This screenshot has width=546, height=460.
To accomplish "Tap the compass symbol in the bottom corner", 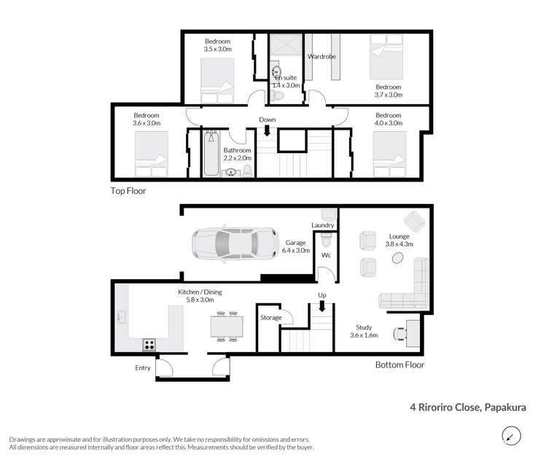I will (x=512, y=436).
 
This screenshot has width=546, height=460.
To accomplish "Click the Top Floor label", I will (x=128, y=191).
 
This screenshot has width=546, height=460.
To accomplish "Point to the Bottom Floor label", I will (x=399, y=365).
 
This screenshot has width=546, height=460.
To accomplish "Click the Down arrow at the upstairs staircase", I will (x=267, y=131).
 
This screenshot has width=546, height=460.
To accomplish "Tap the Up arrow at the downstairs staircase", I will (x=321, y=306).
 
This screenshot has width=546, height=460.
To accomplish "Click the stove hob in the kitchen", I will (x=149, y=345).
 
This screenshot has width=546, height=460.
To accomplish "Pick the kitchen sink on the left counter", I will (x=120, y=317).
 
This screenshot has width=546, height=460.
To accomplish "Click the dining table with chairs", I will (x=225, y=327).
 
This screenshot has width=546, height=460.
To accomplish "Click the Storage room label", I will (x=272, y=318).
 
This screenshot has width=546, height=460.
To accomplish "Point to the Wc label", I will (x=327, y=257).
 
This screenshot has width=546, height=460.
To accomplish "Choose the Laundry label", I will (x=322, y=225).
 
